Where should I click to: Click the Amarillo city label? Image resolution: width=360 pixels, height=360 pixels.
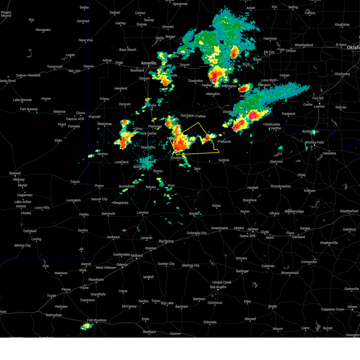[x=149, y=63]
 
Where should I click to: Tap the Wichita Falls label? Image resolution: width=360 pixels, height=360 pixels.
[x=314, y=142]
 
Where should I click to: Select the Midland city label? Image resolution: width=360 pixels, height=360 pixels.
[x=136, y=256]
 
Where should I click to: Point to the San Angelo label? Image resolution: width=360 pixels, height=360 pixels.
[x=218, y=287]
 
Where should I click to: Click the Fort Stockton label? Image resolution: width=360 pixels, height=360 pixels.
[x=97, y=320]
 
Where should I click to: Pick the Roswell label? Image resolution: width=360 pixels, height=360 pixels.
[x=15, y=173]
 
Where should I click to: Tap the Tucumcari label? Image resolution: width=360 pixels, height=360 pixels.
[x=55, y=67]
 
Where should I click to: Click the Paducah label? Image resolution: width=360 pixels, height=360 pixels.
[x=224, y=142]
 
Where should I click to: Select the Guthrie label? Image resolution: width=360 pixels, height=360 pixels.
[x=224, y=160]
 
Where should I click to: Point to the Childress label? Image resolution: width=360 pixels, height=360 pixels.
[x=228, y=112]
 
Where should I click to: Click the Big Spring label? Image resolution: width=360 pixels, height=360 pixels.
[x=166, y=241]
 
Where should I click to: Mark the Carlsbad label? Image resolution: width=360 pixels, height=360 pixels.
[x=30, y=231]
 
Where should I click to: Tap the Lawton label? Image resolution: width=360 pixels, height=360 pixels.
[x=319, y=106]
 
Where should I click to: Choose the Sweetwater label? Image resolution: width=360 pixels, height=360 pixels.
[x=220, y=228]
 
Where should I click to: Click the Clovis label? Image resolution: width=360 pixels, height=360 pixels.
[x=80, y=113]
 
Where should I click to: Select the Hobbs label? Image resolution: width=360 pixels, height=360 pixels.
[x=84, y=214]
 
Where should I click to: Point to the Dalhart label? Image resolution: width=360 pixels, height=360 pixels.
[x=115, y=13]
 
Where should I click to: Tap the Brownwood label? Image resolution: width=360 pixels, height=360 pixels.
[x=290, y=273]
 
